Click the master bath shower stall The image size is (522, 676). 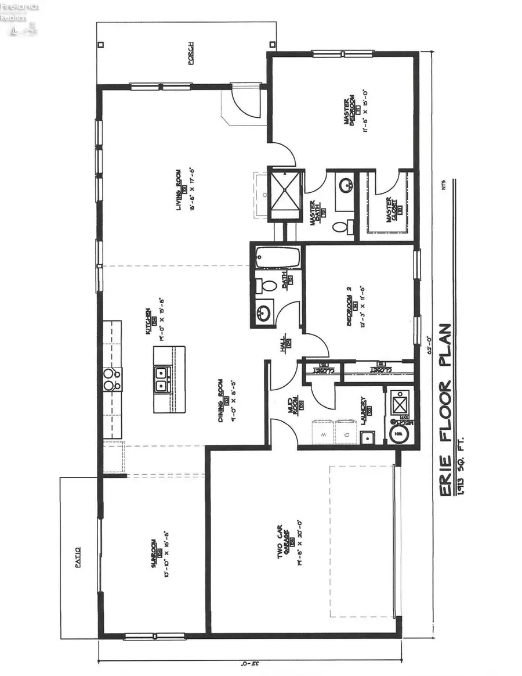pyautogui.click(x=285, y=193)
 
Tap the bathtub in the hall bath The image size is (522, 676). pyautogui.click(x=278, y=257)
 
